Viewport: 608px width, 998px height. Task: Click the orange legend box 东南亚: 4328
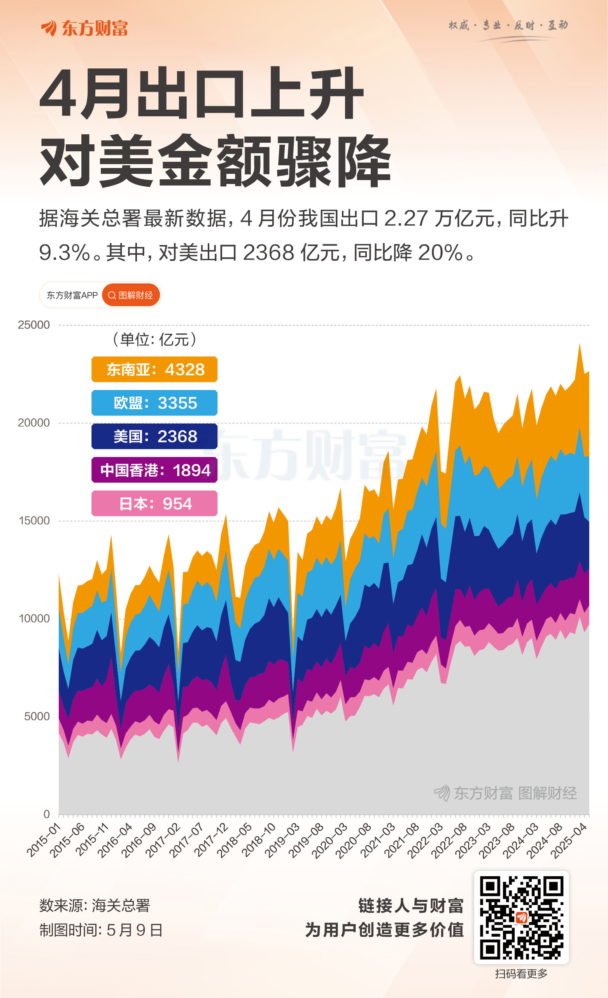(x=154, y=369)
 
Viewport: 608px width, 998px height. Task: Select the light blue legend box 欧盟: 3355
(x=154, y=403)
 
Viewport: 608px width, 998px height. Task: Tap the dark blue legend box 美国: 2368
(x=154, y=437)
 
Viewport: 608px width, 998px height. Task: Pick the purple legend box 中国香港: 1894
(x=154, y=470)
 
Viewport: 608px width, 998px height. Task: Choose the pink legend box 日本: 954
(x=154, y=504)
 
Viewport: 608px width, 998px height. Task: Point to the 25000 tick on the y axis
(x=33, y=325)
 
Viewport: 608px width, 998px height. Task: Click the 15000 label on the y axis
(x=33, y=520)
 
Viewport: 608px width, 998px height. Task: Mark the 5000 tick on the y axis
(x=37, y=716)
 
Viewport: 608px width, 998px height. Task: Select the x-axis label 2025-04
(x=568, y=840)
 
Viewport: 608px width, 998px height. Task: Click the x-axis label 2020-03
(x=329, y=840)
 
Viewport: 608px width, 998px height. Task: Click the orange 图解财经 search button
(x=131, y=295)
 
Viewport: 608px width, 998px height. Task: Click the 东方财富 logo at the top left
(x=84, y=28)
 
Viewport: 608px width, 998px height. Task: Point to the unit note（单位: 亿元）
(x=154, y=340)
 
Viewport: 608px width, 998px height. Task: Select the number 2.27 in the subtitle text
(x=406, y=219)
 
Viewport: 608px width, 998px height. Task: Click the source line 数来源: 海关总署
(x=95, y=906)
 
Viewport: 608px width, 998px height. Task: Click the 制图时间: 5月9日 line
(x=101, y=930)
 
